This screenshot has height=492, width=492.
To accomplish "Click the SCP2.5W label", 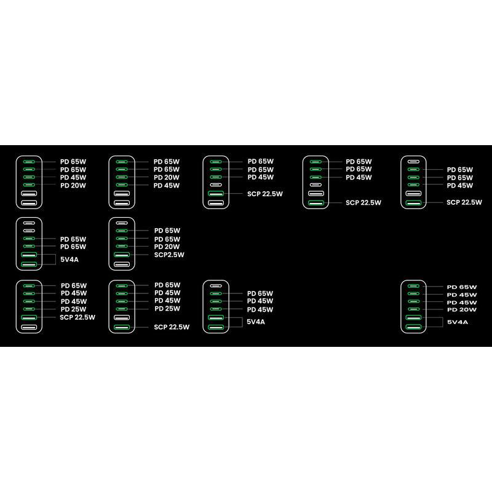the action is coord(169,255).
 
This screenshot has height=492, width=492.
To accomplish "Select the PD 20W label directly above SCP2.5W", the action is coord(167,247).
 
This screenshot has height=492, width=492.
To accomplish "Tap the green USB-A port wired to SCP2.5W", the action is coord(122,255).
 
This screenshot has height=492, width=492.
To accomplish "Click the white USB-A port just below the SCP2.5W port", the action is coord(122,264).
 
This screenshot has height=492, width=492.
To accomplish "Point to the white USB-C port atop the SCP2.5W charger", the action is coord(122,223).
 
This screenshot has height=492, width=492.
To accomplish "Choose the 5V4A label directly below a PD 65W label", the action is coord(69,260).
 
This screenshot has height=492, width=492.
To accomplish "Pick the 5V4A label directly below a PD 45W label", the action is coord(256,322).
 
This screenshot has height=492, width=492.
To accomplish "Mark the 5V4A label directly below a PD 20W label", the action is coord(457,322).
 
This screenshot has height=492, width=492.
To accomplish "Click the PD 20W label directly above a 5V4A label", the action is coord(462,310).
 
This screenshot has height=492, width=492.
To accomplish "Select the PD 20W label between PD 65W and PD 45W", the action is coord(167,177).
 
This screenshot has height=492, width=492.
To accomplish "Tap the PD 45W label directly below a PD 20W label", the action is coord(167,186).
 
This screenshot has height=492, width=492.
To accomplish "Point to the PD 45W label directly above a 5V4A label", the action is coord(260,309).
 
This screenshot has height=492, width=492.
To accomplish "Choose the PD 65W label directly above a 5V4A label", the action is coord(73,247).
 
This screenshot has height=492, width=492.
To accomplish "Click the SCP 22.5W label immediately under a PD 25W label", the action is coord(77,317).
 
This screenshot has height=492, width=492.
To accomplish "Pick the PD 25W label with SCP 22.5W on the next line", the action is coord(73,309).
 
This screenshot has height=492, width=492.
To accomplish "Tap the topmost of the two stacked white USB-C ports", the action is coord(29,223).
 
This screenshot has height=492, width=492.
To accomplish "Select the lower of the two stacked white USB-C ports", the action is coord(29,231).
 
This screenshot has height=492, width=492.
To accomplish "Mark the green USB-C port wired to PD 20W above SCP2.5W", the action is coord(122,246).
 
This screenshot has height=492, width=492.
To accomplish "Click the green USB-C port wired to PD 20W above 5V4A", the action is coord(413,309).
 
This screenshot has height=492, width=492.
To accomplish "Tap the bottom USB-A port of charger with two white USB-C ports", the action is coord(29,264).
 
